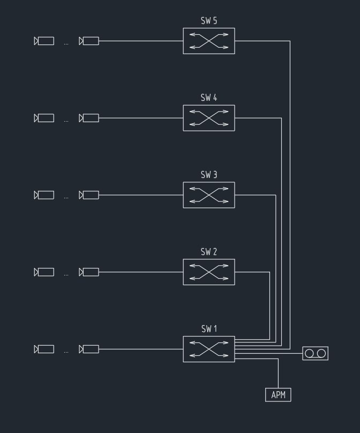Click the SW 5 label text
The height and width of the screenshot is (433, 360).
tap(209, 21)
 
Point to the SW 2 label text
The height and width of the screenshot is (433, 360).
tap(209, 252)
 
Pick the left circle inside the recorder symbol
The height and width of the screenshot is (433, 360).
tap(309, 354)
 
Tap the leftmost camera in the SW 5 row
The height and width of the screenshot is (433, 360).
tap(44, 41)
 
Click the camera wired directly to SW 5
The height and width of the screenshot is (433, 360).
tap(89, 41)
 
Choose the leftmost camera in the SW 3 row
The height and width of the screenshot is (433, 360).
tap(44, 195)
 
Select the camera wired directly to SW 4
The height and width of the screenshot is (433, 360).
tap(89, 118)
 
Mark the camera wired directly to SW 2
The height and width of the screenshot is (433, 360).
tap(89, 272)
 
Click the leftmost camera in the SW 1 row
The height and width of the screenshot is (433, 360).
tap(44, 349)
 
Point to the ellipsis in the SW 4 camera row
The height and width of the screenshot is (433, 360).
tap(66, 121)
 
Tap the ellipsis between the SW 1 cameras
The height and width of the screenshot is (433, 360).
tap(66, 352)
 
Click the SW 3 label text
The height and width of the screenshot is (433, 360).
tap(209, 175)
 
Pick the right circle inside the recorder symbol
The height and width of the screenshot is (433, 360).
tap(321, 354)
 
